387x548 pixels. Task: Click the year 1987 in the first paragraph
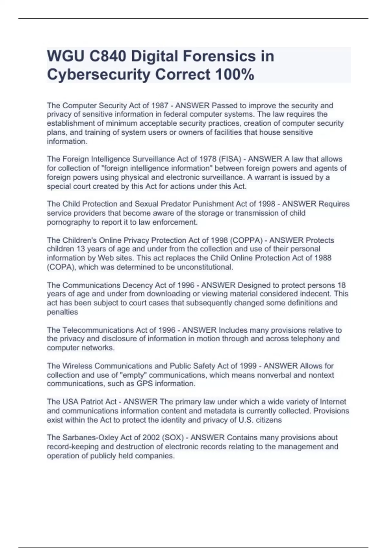[160, 105]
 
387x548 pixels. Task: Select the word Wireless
[77, 366]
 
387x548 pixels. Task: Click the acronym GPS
[145, 384]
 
